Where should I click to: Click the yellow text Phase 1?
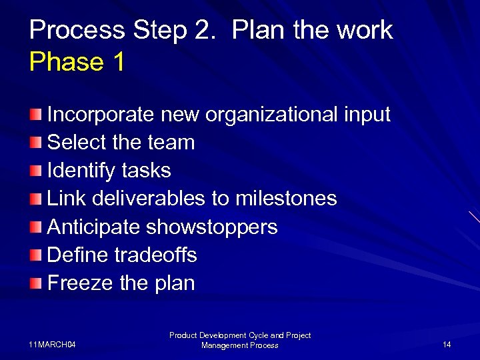[x=77, y=62]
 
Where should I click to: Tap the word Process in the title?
[x=77, y=30]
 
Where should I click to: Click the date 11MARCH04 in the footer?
[x=53, y=345]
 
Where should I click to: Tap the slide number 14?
[x=447, y=345]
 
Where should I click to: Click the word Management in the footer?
[x=225, y=345]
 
